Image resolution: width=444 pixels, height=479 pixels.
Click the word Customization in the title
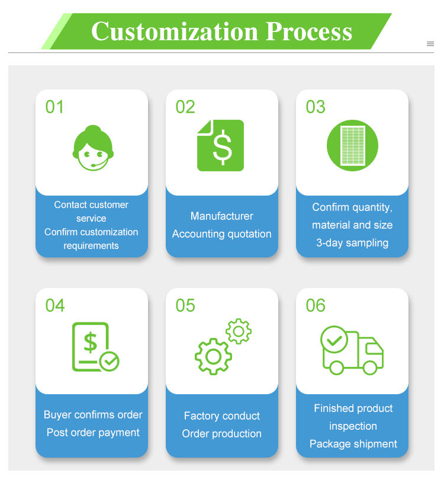tap(175, 31)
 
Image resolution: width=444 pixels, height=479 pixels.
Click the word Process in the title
tap(309, 31)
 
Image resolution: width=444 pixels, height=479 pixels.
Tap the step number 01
tap(54, 107)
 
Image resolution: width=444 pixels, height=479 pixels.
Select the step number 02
tap(185, 107)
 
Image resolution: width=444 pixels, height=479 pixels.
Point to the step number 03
tap(316, 107)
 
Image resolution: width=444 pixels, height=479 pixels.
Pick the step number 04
tap(55, 305)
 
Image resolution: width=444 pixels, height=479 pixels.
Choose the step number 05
tap(185, 305)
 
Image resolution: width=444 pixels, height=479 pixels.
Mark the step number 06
tap(316, 305)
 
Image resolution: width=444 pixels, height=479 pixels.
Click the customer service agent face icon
tap(93, 148)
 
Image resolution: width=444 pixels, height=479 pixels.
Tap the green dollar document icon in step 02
tap(220, 145)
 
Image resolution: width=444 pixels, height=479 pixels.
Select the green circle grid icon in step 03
tap(352, 145)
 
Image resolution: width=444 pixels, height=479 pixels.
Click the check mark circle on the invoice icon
tap(110, 362)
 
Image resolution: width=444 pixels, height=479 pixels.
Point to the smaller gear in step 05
tap(239, 331)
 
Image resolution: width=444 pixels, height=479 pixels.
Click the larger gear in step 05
tap(213, 356)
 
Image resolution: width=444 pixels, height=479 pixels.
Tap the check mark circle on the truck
tap(334, 340)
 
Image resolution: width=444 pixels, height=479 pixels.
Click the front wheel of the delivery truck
tap(370, 368)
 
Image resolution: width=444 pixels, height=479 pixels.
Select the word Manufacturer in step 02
tap(222, 216)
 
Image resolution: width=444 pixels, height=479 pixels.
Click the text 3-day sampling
tap(352, 243)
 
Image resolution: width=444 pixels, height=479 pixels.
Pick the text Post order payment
tap(93, 433)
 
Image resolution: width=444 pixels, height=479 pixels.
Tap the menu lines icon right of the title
tap(430, 44)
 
